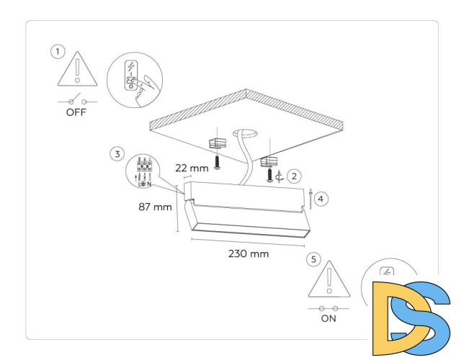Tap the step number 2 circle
tap(293, 175)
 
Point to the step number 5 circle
tap(312, 258)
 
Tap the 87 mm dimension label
tap(155, 207)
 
